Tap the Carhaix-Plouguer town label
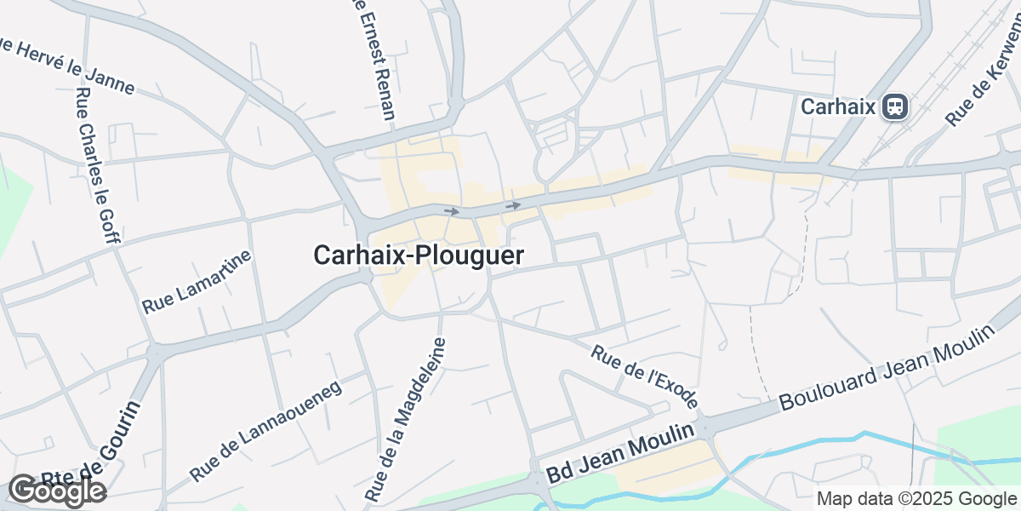click(x=419, y=255)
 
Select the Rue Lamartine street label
click(x=197, y=282)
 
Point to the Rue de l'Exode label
click(x=645, y=376)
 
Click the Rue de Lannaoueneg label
click(x=265, y=430)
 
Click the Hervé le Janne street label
click(x=68, y=66)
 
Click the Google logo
click(x=57, y=491)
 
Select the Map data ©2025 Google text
click(x=917, y=499)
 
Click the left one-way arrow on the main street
click(x=451, y=210)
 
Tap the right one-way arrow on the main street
click(x=512, y=205)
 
